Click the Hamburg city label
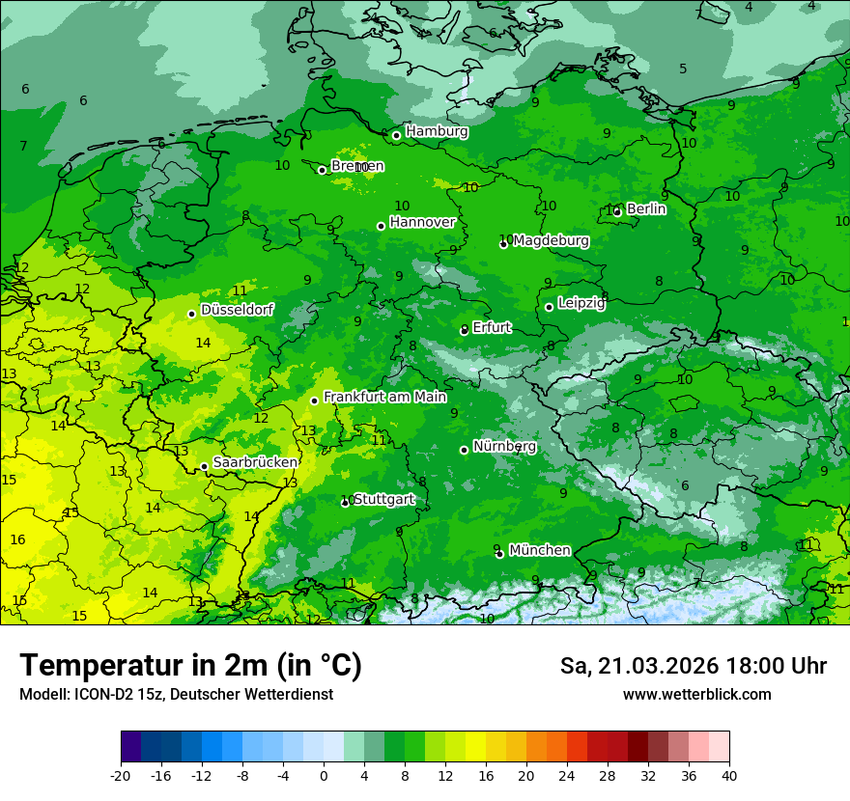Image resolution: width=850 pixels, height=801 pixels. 437,131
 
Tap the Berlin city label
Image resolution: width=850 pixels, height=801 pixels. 646,208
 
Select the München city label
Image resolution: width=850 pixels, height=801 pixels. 539,550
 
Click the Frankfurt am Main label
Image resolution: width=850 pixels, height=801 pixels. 384,397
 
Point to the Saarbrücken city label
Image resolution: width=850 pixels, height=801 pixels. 255,462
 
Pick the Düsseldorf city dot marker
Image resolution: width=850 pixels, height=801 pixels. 192,314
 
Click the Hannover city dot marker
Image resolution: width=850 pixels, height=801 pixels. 382,226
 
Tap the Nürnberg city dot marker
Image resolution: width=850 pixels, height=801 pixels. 465,450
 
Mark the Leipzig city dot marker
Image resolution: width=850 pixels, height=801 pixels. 550,307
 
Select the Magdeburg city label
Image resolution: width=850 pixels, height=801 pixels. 551,240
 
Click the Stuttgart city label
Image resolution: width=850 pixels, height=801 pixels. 384,499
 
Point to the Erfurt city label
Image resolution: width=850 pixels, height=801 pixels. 492,327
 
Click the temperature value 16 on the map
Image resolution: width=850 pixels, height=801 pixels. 17,539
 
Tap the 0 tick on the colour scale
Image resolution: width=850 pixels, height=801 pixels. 324,775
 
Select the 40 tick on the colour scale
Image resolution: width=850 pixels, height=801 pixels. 729,775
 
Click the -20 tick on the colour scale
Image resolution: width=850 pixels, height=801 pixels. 121,775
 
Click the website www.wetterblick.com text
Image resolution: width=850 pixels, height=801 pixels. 696,694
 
